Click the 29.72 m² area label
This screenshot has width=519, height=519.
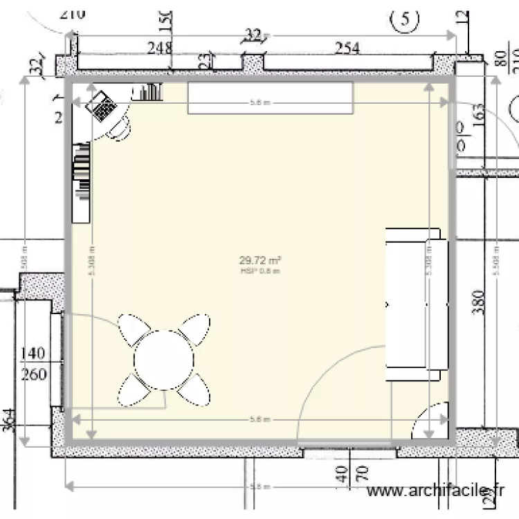point(259,261)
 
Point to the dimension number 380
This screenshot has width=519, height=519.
point(481,302)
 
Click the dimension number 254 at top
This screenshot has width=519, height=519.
point(347,48)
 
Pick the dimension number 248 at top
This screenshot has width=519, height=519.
point(159,48)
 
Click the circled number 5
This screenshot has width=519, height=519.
point(405,20)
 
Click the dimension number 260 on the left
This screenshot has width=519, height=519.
point(33,374)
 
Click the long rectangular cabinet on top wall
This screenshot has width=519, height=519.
point(271,98)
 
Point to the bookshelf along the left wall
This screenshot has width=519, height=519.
point(82,182)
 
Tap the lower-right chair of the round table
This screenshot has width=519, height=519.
point(194,392)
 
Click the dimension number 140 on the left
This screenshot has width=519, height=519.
point(33,354)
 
